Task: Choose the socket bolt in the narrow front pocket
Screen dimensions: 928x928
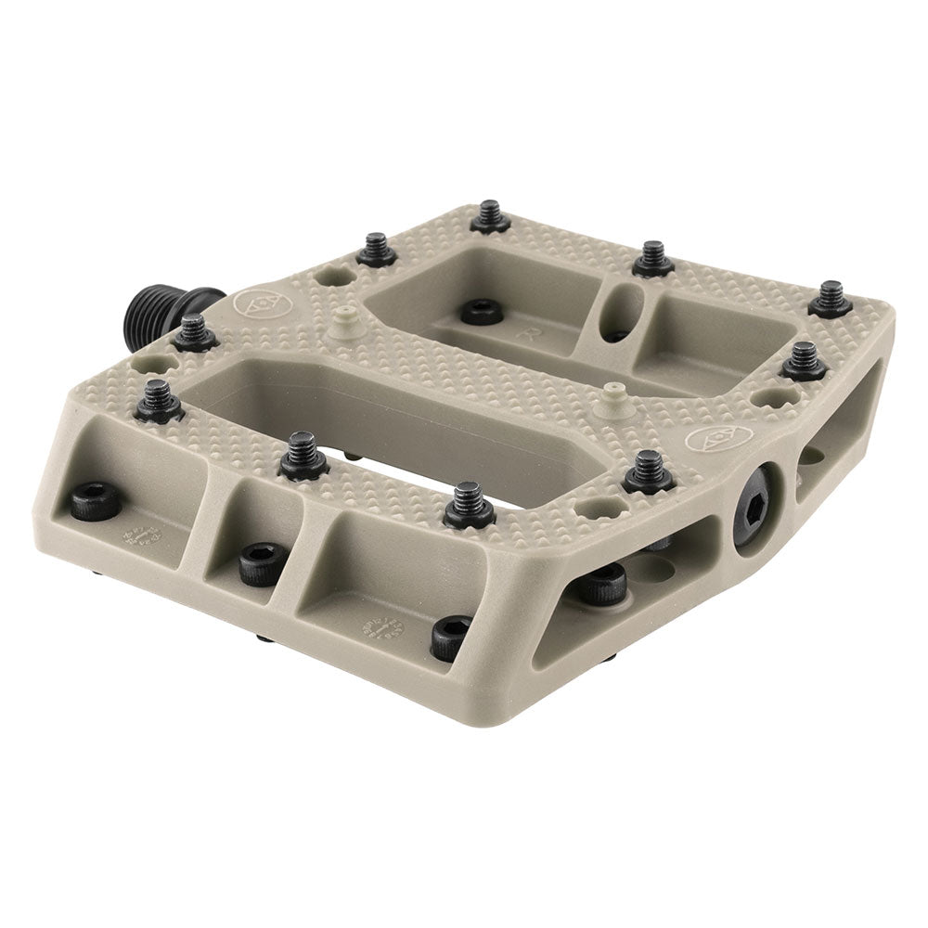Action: (x=255, y=562)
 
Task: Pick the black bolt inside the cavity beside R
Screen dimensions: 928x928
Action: (x=482, y=311)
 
